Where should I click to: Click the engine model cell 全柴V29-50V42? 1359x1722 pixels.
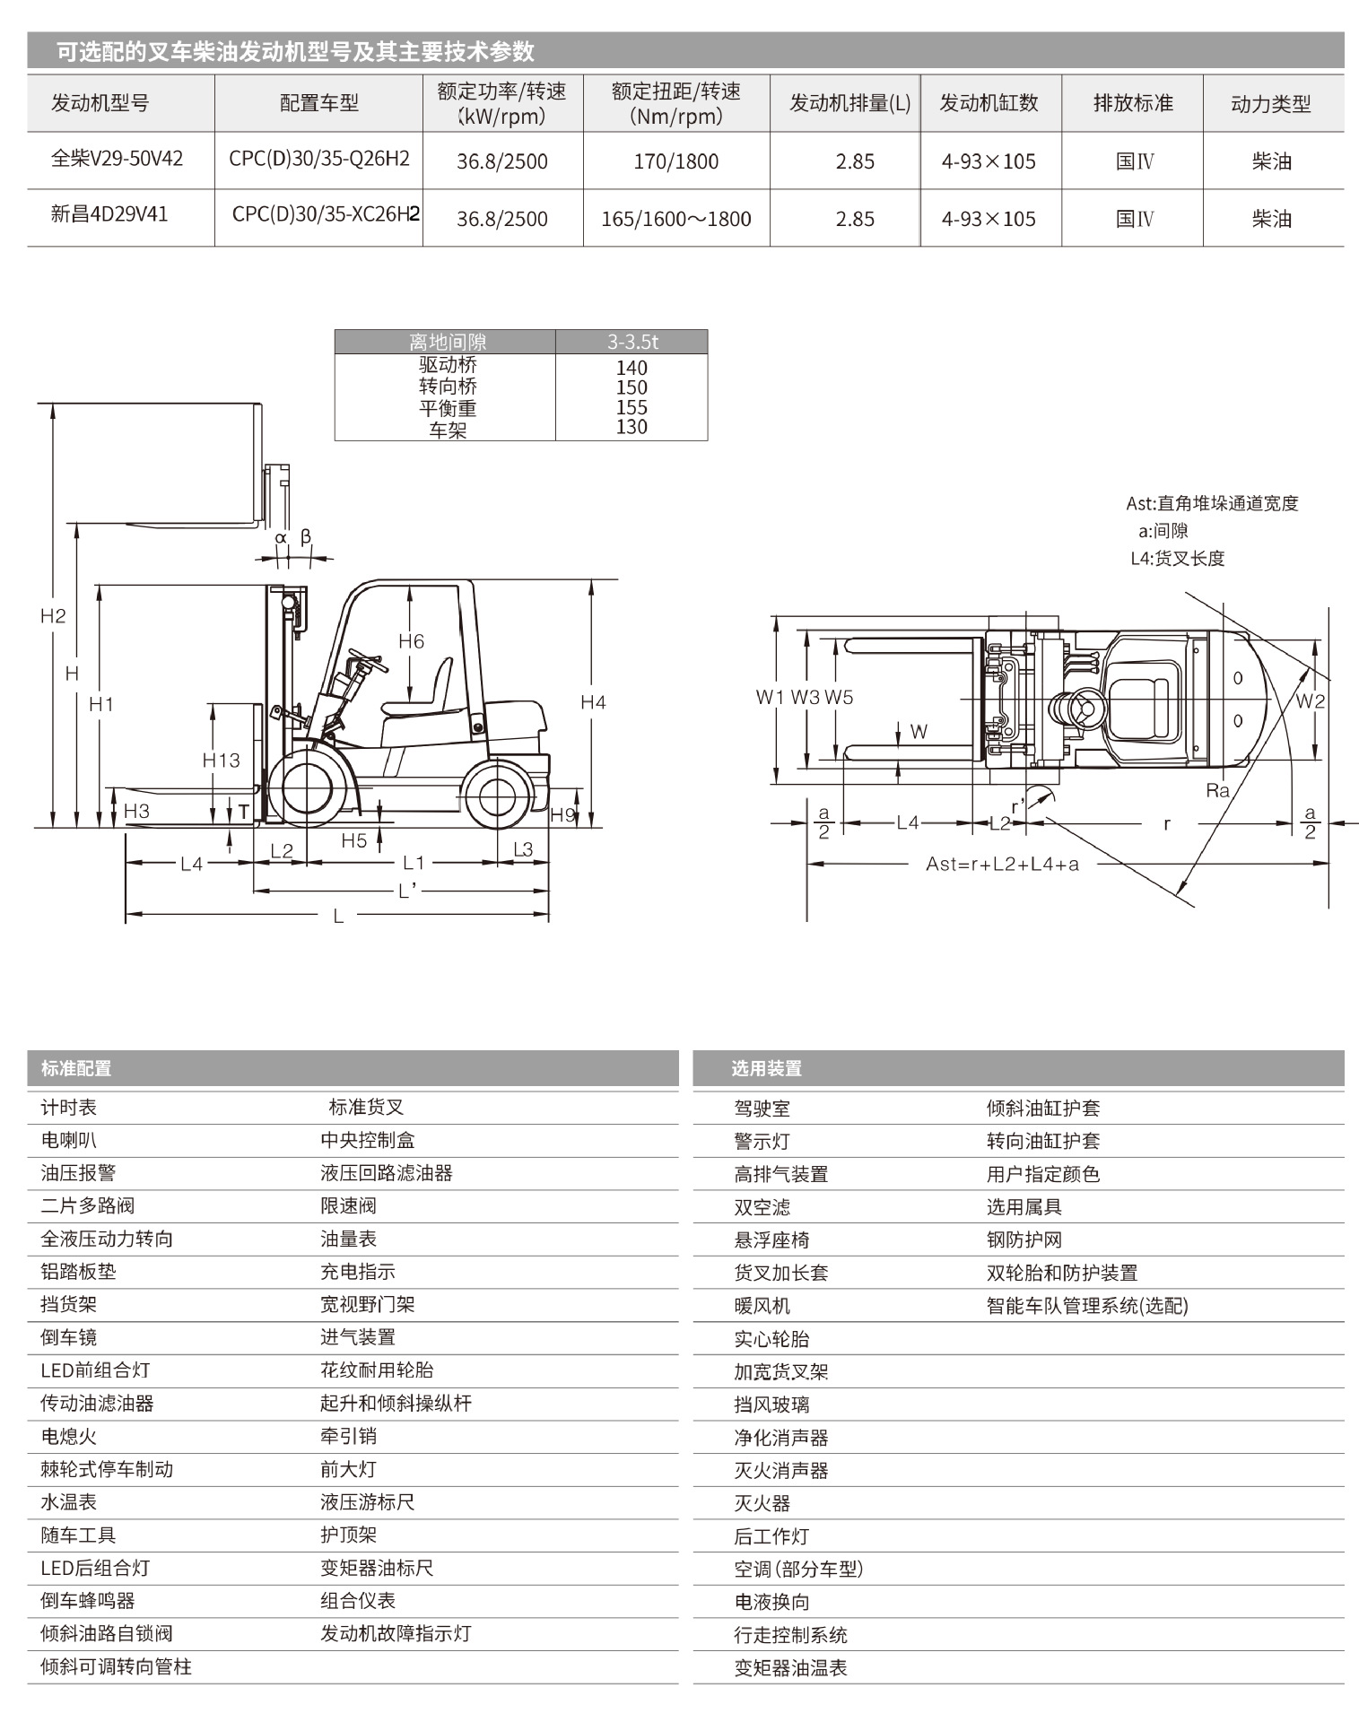tap(117, 159)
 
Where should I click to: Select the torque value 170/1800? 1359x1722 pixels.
tap(675, 161)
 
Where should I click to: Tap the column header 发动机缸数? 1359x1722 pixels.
tap(989, 103)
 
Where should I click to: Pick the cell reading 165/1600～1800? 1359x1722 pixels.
tap(675, 219)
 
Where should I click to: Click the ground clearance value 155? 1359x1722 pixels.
tap(632, 407)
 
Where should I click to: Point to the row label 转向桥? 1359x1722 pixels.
tap(448, 387)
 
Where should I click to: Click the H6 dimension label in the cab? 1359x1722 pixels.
tap(411, 641)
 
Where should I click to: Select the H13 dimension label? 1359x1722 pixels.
tap(221, 761)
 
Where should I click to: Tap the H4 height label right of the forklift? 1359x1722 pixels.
tap(593, 702)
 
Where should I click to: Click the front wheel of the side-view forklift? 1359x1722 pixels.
tap(308, 788)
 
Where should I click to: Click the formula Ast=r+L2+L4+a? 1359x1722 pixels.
tap(1002, 864)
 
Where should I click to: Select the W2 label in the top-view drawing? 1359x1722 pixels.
tap(1310, 701)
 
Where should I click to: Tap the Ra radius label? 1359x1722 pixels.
tap(1217, 790)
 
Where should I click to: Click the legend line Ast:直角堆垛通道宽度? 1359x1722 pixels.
tap(1212, 503)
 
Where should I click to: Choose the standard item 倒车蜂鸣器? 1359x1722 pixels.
tap(87, 1600)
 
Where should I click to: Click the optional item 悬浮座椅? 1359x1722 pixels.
tap(771, 1239)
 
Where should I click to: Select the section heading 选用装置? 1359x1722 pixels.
tap(766, 1068)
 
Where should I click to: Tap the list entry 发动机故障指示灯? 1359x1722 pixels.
tap(396, 1633)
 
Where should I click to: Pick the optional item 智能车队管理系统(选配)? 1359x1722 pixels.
tap(1087, 1306)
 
